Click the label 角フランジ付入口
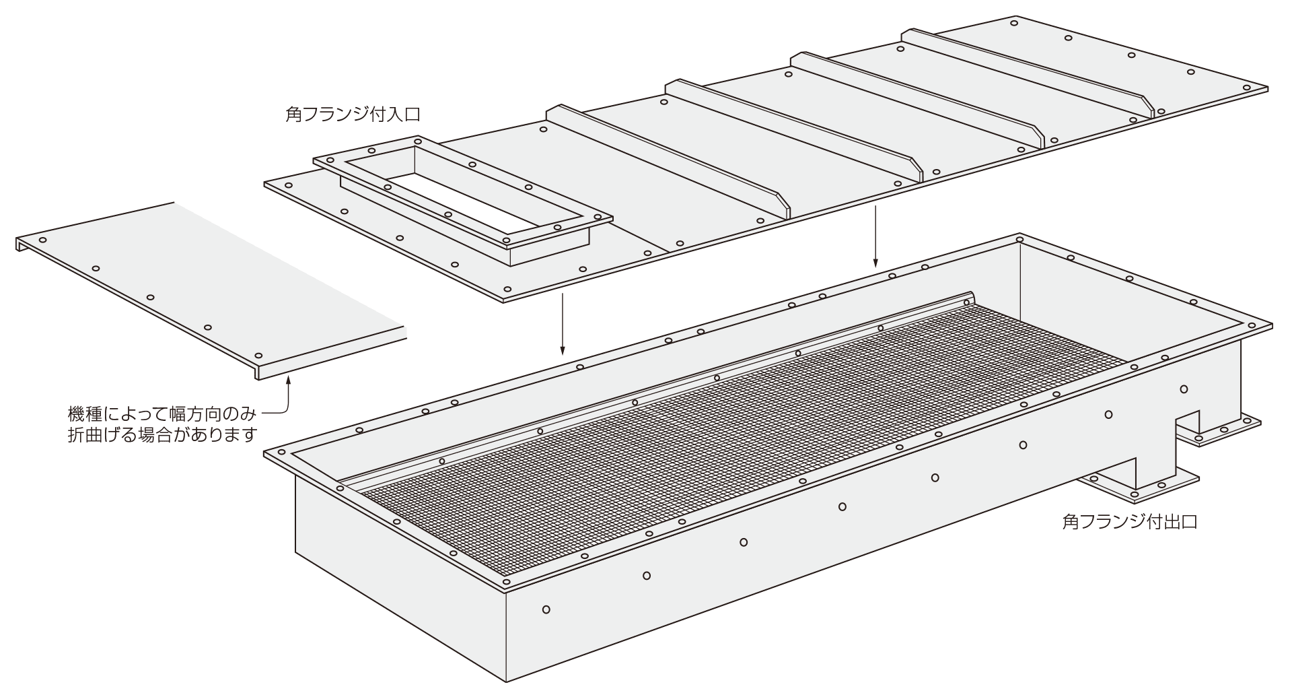[x=353, y=113]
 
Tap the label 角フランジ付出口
[x=1130, y=522]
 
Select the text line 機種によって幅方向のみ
[x=163, y=412]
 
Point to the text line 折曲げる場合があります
[x=163, y=435]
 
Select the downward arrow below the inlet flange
[x=563, y=323]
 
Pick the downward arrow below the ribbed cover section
[x=875, y=236]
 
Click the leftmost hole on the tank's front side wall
[x=546, y=609]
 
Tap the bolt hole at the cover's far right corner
[x=1246, y=88]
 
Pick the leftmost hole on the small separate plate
[x=43, y=240]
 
